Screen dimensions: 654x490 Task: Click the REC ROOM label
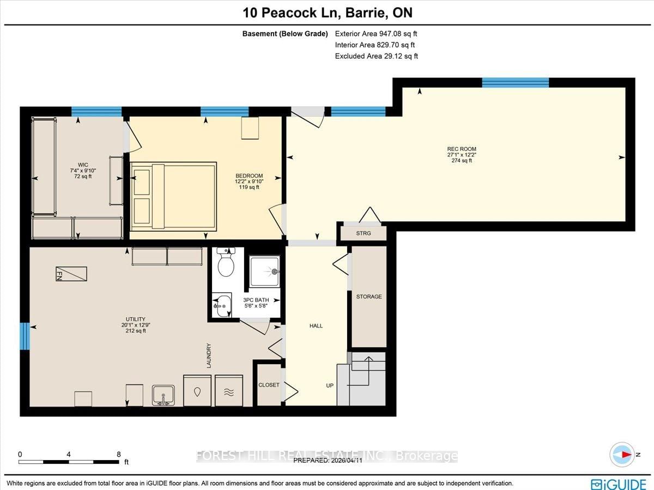(462, 149)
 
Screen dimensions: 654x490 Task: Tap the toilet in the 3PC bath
(226, 262)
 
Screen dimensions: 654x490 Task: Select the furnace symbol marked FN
(71, 274)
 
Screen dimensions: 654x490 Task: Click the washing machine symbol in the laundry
(197, 390)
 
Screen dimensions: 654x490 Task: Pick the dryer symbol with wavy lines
(229, 390)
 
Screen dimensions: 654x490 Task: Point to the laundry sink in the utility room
(163, 395)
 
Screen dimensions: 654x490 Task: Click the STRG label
(364, 233)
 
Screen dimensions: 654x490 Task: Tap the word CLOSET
(269, 385)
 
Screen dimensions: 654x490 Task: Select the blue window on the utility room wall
(25, 336)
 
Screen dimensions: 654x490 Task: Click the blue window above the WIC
(96, 111)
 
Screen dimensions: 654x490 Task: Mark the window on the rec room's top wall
(516, 82)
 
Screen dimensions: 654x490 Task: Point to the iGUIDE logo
(618, 484)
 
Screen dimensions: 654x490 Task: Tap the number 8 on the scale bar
(119, 454)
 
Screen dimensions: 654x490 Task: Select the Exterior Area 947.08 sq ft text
(376, 34)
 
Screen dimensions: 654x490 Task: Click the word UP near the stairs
(330, 385)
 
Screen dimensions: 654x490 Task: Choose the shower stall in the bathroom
(264, 271)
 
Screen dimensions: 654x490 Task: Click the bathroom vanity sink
(222, 305)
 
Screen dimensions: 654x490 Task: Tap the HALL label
(316, 326)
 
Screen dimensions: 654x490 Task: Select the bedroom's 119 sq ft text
(249, 187)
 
